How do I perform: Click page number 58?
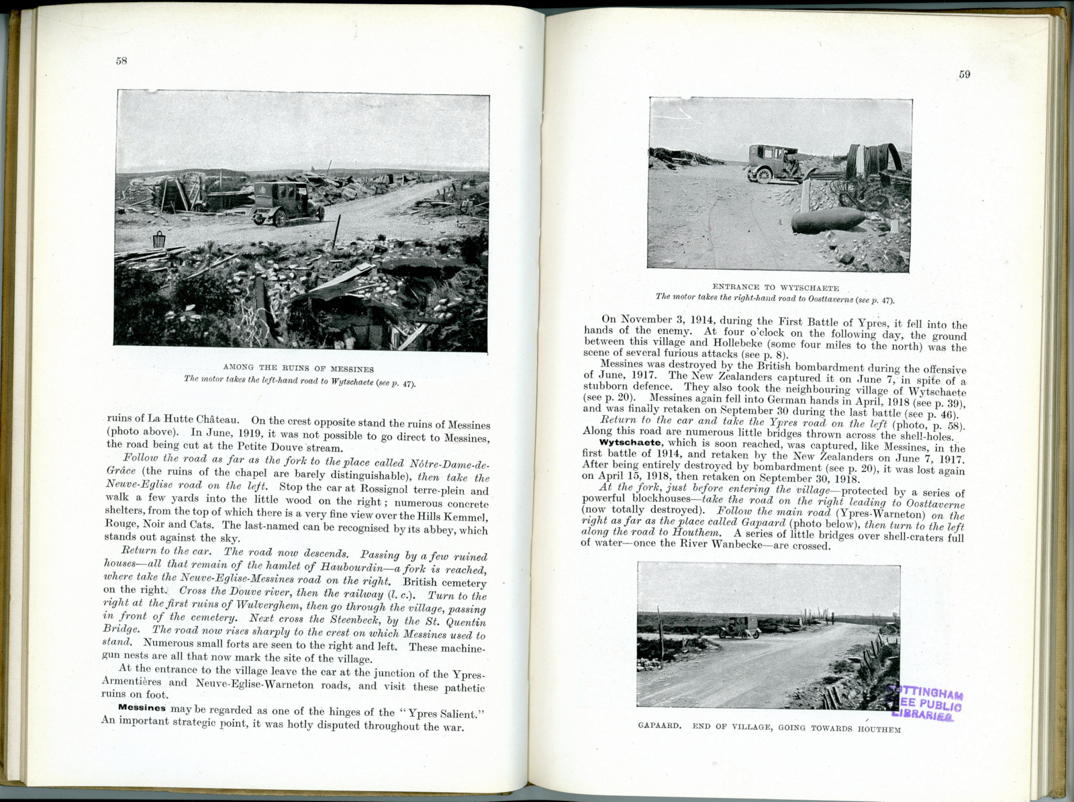click(x=121, y=60)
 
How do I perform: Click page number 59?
click(x=964, y=74)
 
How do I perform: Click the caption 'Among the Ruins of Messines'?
click(x=298, y=369)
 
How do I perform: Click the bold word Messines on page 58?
click(x=142, y=708)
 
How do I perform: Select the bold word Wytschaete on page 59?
click(x=632, y=443)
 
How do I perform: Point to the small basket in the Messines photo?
click(x=159, y=239)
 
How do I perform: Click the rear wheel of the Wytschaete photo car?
click(x=763, y=175)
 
